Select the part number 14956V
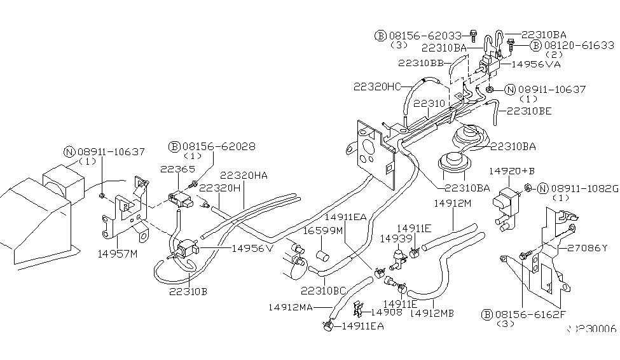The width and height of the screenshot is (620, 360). pyautogui.click(x=252, y=248)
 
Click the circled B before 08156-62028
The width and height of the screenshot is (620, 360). pyautogui.click(x=174, y=146)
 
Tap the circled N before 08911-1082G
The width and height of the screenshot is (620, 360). pyautogui.click(x=542, y=188)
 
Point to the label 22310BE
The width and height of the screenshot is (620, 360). pyautogui.click(x=529, y=111)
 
